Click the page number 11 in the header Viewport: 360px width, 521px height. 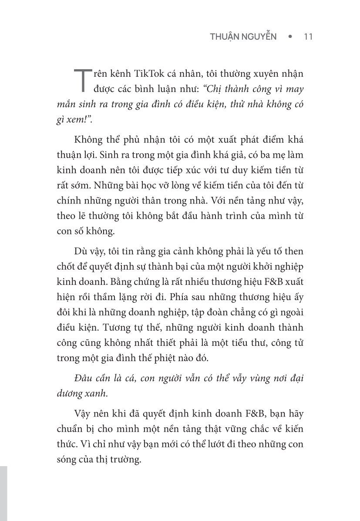[307, 37]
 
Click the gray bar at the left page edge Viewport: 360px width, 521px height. [3, 492]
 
